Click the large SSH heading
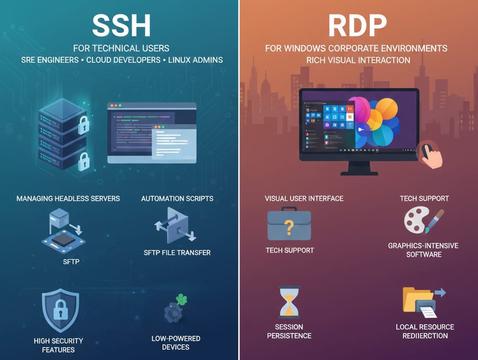pyautogui.click(x=121, y=25)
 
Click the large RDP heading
pyautogui.click(x=357, y=25)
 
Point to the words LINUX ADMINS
pyautogui.click(x=195, y=60)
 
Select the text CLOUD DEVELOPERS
pyautogui.click(x=123, y=60)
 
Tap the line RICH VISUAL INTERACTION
pyautogui.click(x=358, y=61)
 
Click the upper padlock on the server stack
pyautogui.click(x=83, y=125)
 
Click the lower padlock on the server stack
pyautogui.click(x=84, y=161)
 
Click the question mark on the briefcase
pyautogui.click(x=289, y=228)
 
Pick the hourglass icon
pyautogui.click(x=289, y=302)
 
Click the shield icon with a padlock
pyautogui.click(x=61, y=310)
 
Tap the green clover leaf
pyautogui.click(x=182, y=299)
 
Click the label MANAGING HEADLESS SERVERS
pyautogui.click(x=68, y=199)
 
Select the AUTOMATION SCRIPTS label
pyautogui.click(x=177, y=199)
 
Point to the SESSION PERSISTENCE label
pyautogui.click(x=289, y=331)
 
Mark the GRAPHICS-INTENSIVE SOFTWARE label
pyautogui.click(x=423, y=250)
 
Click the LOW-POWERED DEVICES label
pyautogui.click(x=176, y=342)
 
